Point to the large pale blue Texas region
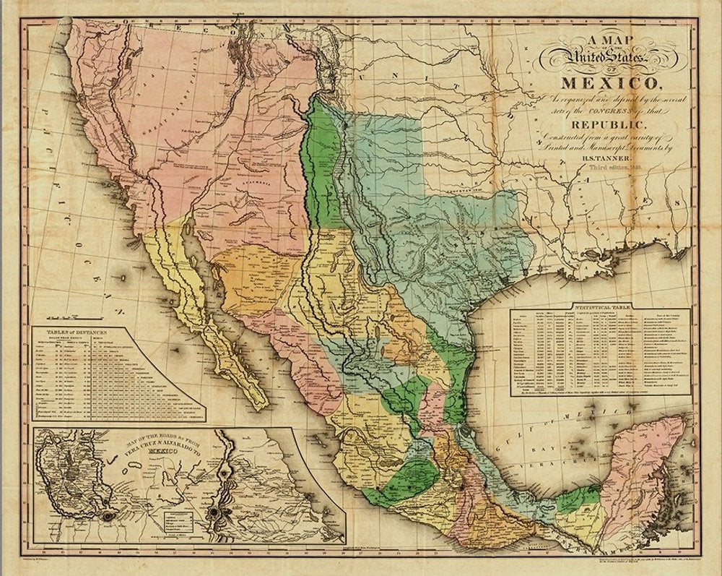click(448, 217)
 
